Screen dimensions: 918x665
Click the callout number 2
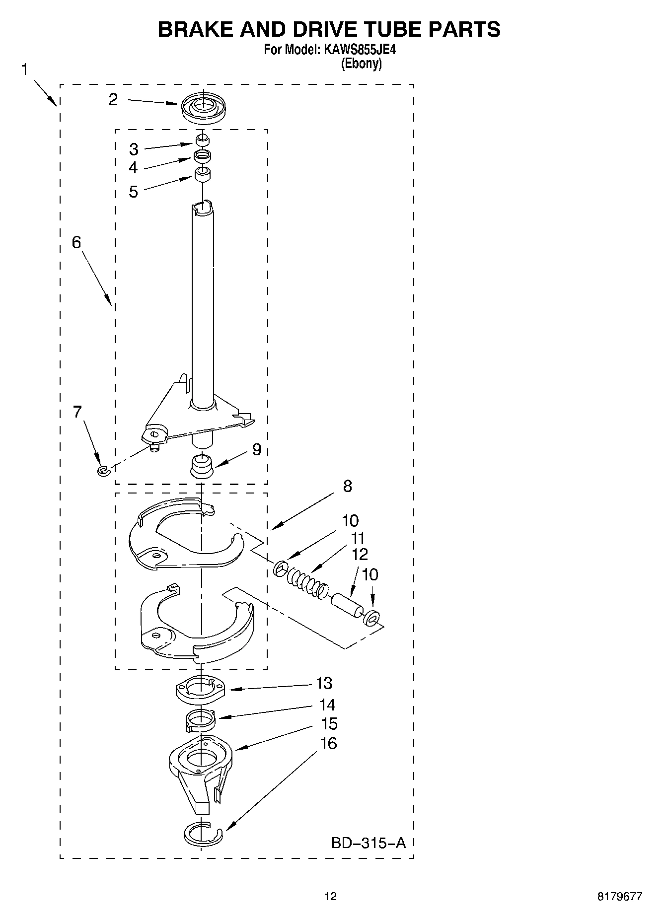[113, 99]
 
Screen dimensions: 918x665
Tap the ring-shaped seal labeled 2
[203, 108]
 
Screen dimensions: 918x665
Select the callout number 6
[76, 242]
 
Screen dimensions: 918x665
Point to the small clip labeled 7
[103, 470]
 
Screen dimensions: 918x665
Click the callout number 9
[256, 449]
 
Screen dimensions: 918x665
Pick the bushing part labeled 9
[202, 466]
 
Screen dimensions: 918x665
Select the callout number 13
[324, 683]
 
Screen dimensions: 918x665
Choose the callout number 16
[329, 743]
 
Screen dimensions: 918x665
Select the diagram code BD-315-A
[369, 843]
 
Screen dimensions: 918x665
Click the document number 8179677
[619, 896]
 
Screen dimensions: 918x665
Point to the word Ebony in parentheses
[361, 64]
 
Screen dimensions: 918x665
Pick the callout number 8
[347, 486]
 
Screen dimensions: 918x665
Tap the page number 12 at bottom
[330, 896]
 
